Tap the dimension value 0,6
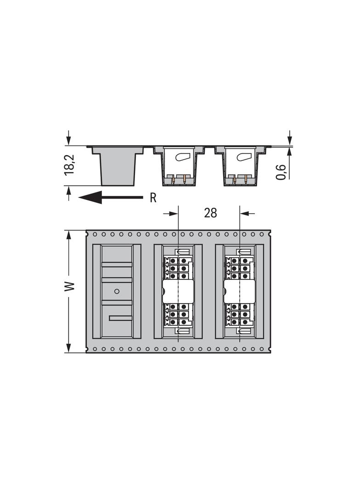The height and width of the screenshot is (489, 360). (281, 172)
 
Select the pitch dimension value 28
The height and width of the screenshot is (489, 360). (210, 213)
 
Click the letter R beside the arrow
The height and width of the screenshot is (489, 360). (153, 198)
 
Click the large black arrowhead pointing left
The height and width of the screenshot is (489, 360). (90, 197)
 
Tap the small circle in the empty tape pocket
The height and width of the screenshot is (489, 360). (117, 291)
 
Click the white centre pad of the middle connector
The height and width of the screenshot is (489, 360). (177, 292)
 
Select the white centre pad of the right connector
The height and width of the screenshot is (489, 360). (240, 292)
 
